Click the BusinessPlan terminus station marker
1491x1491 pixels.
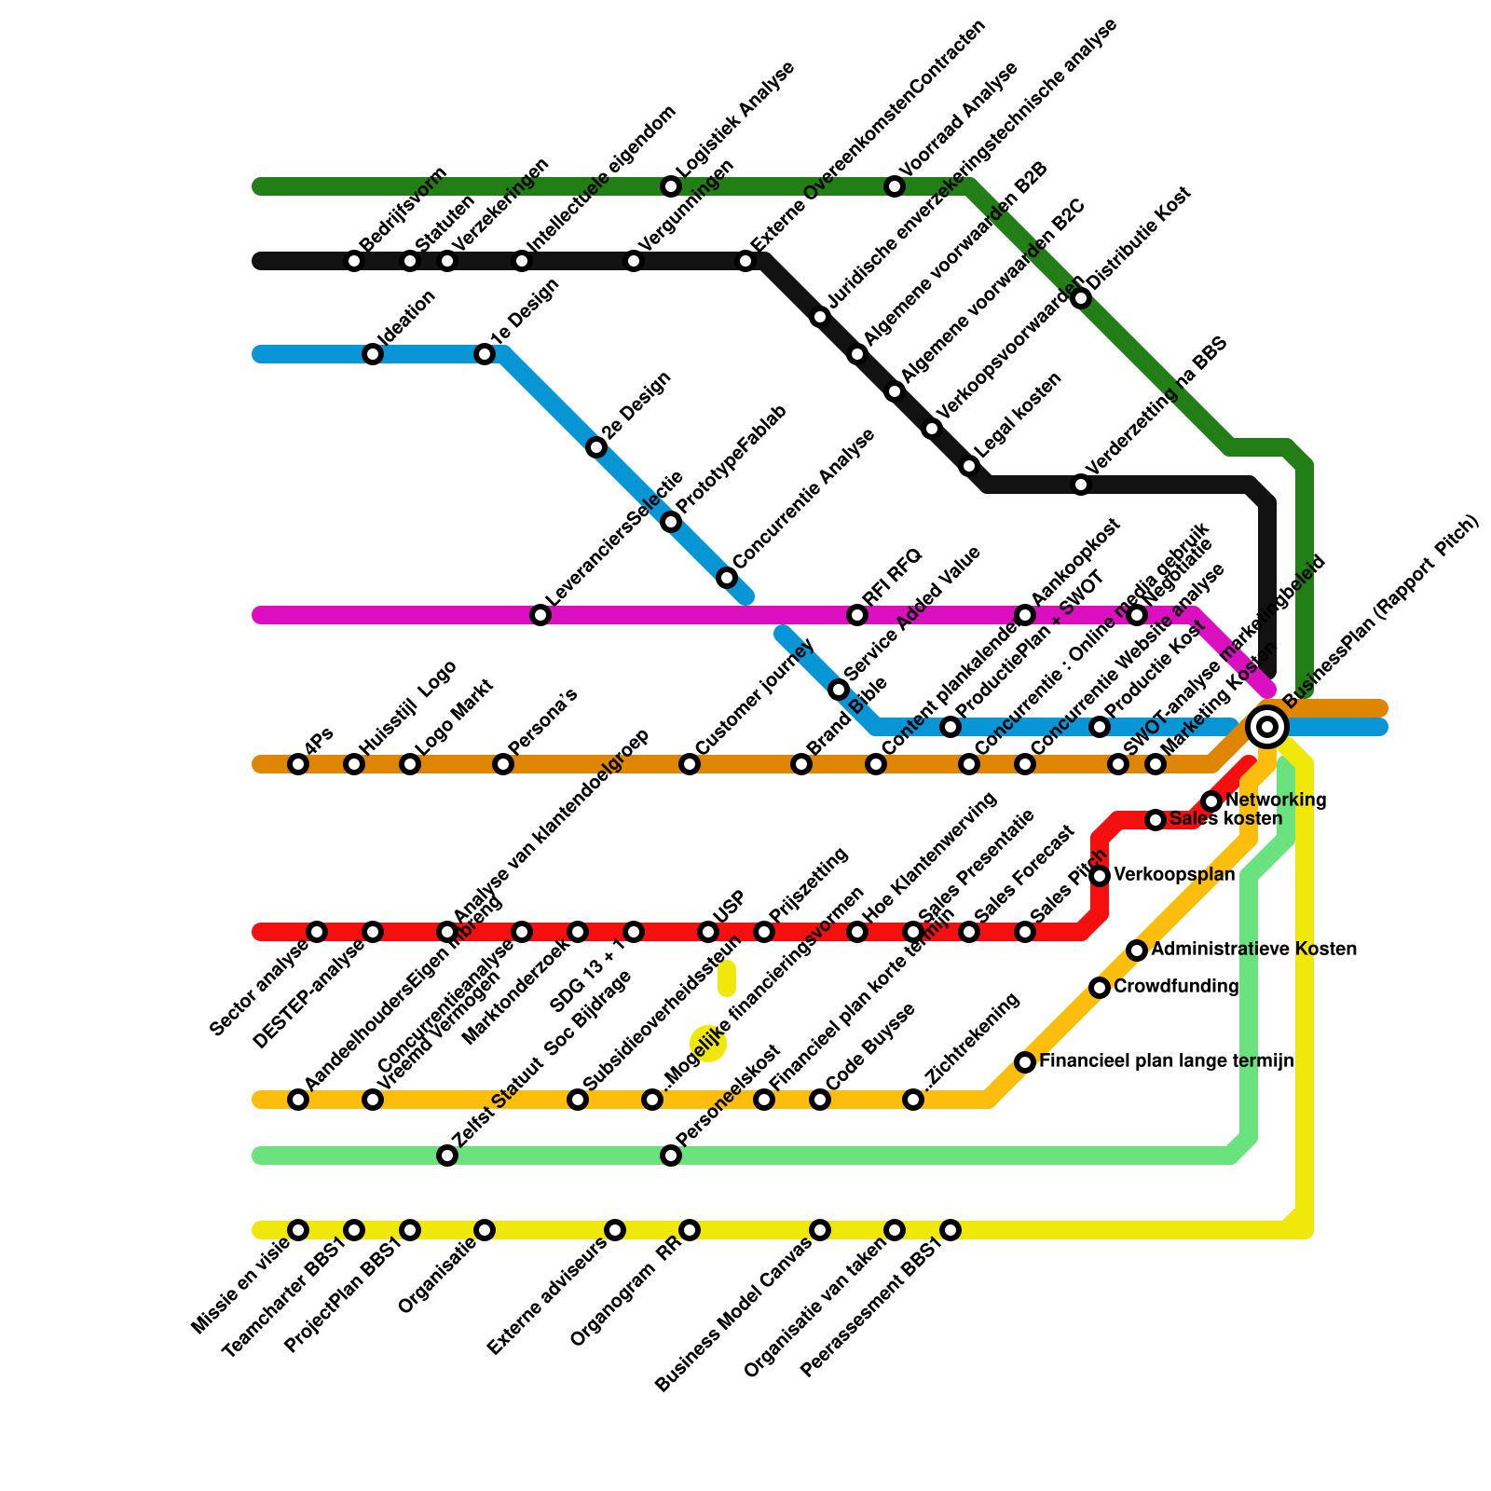(x=1267, y=726)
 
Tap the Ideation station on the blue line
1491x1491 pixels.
(x=373, y=354)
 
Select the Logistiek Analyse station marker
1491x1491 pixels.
(x=671, y=186)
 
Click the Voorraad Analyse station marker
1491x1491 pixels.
(x=895, y=186)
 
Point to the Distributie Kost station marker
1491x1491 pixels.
(x=1081, y=298)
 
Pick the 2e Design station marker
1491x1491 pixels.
(x=596, y=448)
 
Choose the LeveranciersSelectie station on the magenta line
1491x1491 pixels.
(x=540, y=615)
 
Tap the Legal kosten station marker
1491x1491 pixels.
(x=969, y=466)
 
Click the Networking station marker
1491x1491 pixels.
(x=1211, y=801)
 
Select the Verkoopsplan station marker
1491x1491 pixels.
(x=1100, y=876)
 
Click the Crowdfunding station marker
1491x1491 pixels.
(x=1100, y=988)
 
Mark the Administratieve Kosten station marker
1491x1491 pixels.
(x=1137, y=951)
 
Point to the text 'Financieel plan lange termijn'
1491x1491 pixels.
(x=1166, y=1061)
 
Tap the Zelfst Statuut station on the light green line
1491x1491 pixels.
(x=447, y=1156)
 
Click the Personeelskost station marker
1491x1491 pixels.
(x=671, y=1156)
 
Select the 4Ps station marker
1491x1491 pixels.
(x=298, y=764)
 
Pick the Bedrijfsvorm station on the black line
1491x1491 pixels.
(x=354, y=261)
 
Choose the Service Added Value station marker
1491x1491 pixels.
(x=839, y=690)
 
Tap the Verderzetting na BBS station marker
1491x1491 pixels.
(x=1081, y=485)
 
